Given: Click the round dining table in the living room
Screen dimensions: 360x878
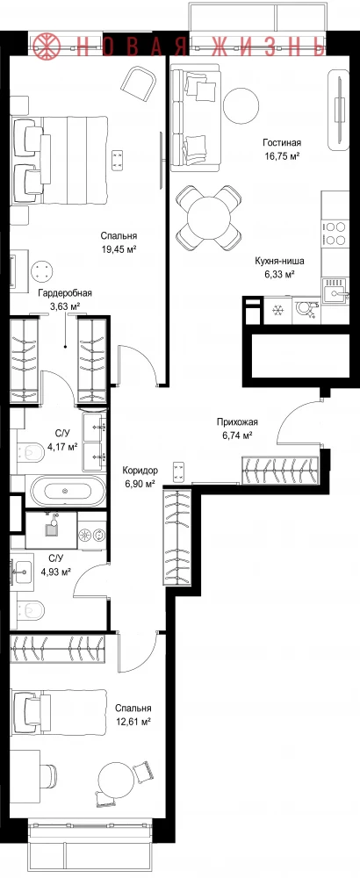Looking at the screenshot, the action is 209,219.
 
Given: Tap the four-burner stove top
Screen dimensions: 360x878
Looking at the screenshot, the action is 335,234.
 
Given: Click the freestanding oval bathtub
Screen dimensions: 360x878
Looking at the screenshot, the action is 68,491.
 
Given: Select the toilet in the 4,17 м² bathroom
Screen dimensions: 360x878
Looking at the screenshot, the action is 31,450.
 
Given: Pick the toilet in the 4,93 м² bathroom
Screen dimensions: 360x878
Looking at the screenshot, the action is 31,609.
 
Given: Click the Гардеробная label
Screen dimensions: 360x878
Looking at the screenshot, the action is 65,293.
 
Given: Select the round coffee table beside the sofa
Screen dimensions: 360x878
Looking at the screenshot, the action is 241,104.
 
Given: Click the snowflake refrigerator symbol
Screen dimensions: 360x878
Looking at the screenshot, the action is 277,310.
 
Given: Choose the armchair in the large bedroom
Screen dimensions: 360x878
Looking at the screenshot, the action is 138,83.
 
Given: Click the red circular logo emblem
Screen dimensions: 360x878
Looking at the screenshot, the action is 47,45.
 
